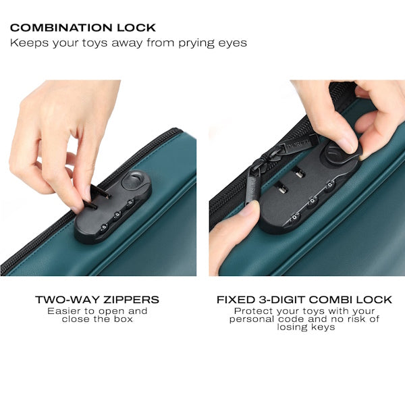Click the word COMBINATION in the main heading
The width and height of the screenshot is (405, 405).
pyautogui.click(x=61, y=28)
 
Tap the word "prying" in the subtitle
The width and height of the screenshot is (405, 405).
pyautogui.click(x=196, y=43)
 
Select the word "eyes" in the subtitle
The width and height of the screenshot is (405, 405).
pyautogui.click(x=232, y=44)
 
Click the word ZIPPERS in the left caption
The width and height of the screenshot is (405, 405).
pyautogui.click(x=131, y=300)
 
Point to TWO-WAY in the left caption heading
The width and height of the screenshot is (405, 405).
pyautogui.click(x=67, y=300)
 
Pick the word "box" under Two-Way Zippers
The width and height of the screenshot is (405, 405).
pyautogui.click(x=124, y=319)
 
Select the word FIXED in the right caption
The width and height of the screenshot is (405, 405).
pyautogui.click(x=236, y=300)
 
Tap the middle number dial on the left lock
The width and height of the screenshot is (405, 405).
pyautogui.click(x=117, y=215)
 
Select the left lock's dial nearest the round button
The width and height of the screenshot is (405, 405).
pyautogui.click(x=130, y=203)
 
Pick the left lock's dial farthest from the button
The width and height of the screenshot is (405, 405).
pyautogui.click(x=104, y=227)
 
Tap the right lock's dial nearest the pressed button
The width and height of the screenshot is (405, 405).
pyautogui.click(x=330, y=186)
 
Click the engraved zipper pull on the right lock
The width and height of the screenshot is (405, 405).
pyautogui.click(x=297, y=144)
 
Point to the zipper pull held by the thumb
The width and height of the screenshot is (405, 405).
pyautogui.click(x=252, y=186)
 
